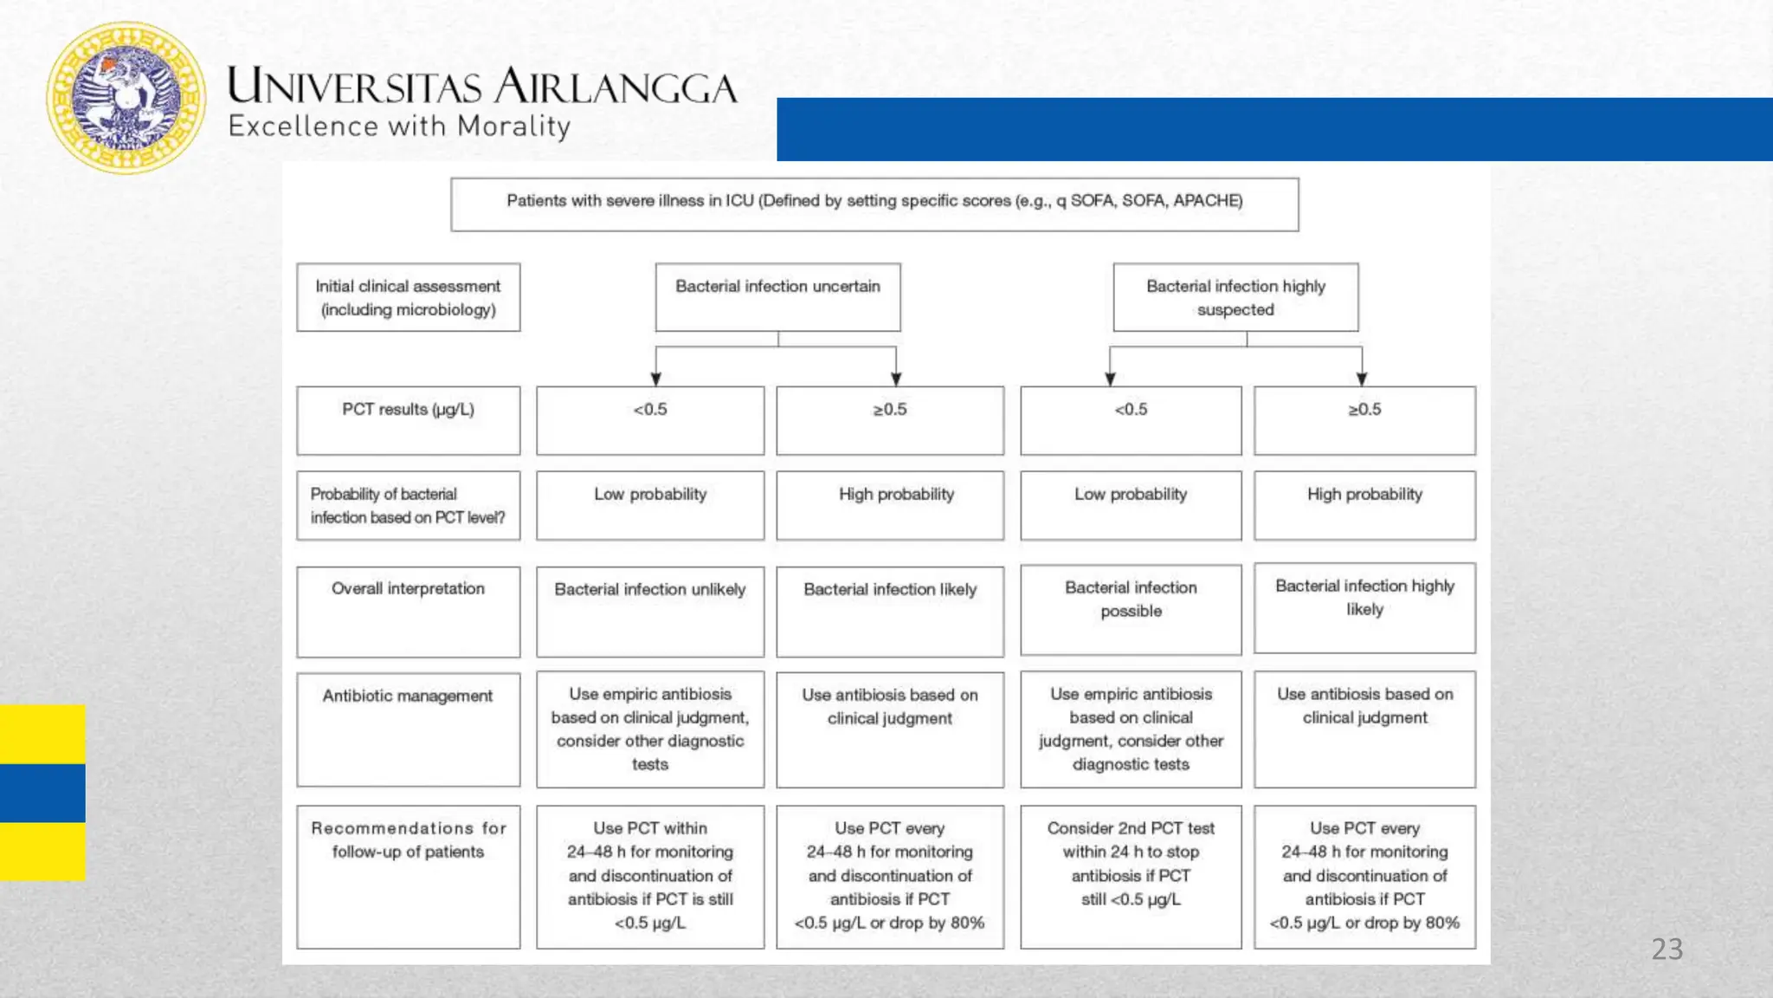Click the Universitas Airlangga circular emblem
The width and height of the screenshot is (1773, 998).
tap(126, 98)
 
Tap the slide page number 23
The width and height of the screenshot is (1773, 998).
tap(1667, 949)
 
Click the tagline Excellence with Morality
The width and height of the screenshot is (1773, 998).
tap(399, 126)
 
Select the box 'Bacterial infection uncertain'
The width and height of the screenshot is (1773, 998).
tap(777, 296)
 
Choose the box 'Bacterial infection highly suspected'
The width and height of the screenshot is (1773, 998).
tap(1235, 297)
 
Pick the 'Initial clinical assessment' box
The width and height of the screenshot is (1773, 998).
tap(408, 297)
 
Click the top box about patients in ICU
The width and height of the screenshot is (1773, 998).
tap(874, 204)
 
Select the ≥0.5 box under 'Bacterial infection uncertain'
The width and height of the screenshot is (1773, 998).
tap(890, 420)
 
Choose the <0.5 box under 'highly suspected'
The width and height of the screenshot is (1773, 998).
tap(1131, 420)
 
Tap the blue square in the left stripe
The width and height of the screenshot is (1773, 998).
tap(42, 793)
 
